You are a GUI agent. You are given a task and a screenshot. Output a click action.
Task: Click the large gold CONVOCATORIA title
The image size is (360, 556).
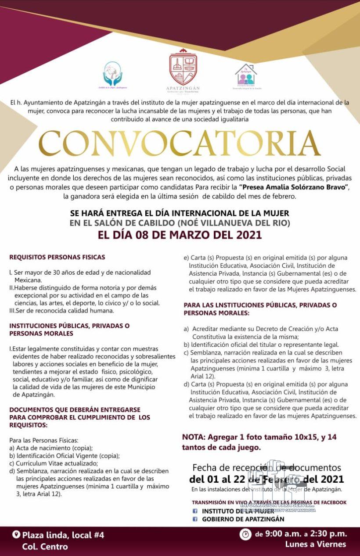180,144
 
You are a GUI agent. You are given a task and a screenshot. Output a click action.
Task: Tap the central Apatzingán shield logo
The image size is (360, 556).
183,68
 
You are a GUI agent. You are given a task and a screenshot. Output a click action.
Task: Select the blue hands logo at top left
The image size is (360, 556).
112,73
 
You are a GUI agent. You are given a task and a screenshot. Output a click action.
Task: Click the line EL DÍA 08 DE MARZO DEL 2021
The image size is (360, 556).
180,235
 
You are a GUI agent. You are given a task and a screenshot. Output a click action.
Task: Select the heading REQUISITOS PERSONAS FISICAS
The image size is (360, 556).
57,257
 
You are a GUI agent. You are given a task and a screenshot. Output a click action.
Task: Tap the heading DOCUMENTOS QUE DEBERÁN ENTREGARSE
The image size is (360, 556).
66,409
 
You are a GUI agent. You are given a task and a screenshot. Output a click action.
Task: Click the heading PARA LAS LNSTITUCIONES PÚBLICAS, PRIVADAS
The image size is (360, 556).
260,305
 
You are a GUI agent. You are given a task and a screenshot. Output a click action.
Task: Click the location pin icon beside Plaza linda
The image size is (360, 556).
17,534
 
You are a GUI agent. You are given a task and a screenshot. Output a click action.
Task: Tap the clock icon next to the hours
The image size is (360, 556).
245,534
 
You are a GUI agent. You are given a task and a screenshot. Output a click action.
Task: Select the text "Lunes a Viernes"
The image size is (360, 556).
315,545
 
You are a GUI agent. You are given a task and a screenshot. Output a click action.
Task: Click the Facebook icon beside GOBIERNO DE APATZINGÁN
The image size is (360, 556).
195,519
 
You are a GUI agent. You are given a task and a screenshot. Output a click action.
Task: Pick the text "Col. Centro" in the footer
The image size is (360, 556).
45,547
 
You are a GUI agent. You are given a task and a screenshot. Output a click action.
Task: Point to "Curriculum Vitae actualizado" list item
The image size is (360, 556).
54,463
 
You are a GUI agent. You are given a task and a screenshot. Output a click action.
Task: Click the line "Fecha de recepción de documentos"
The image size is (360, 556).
266,468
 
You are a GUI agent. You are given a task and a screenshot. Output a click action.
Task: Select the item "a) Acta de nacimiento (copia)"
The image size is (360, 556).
51,448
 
